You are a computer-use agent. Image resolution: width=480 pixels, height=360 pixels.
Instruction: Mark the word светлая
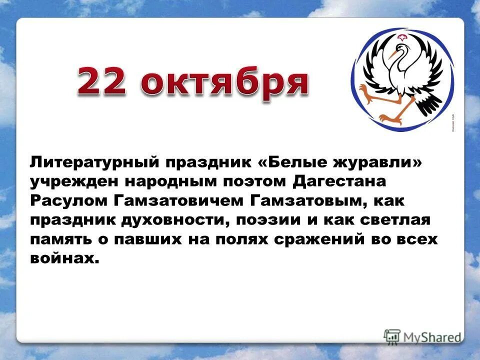point(394,219)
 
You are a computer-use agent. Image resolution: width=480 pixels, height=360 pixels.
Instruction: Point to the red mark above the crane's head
point(402,38)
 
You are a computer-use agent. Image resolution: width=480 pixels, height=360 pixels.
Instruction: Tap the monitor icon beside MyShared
point(392,336)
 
